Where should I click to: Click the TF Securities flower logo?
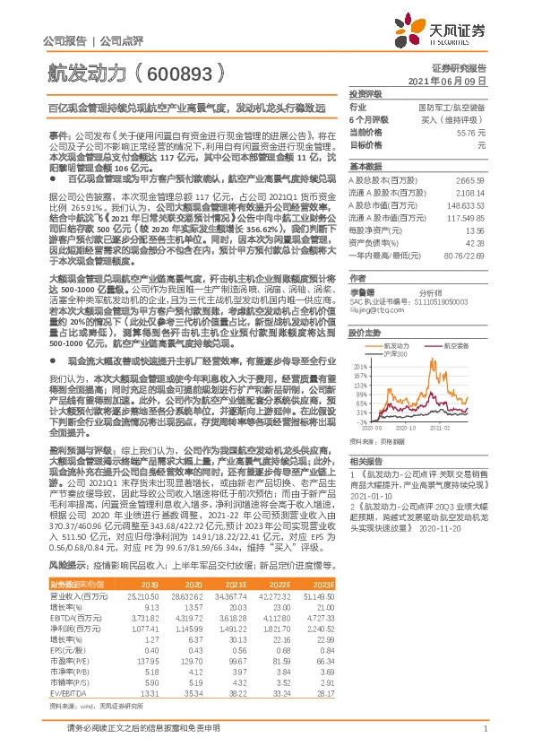coord(415,34)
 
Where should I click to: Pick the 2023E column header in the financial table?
coord(476,586)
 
